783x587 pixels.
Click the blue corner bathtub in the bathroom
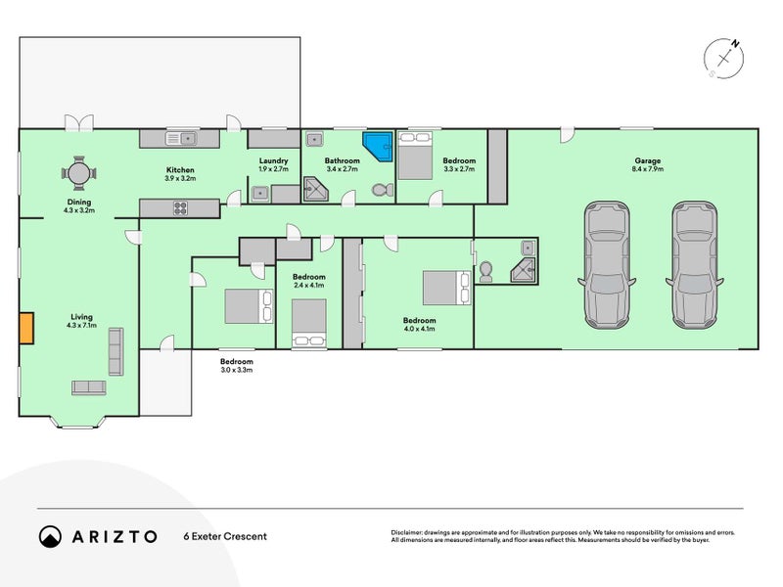click(377, 146)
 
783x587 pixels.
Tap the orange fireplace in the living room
click(26, 328)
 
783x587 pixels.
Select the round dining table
click(79, 174)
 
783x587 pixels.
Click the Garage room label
click(648, 160)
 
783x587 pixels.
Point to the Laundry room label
click(273, 160)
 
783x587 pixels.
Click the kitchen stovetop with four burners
click(180, 207)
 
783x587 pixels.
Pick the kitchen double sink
click(180, 138)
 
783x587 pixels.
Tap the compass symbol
click(723, 59)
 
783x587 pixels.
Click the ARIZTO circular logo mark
click(50, 536)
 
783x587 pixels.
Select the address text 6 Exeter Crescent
click(225, 536)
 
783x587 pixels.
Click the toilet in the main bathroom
click(383, 190)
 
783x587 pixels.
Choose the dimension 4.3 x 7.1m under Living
click(81, 326)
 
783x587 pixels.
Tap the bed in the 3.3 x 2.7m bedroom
click(415, 156)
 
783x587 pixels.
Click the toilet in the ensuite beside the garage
click(485, 272)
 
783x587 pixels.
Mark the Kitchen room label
click(180, 170)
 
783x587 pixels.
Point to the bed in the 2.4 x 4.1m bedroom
click(309, 323)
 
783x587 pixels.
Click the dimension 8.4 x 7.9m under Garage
click(648, 169)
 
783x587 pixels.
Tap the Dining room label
click(79, 203)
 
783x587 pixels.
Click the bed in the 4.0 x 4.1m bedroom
click(447, 288)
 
